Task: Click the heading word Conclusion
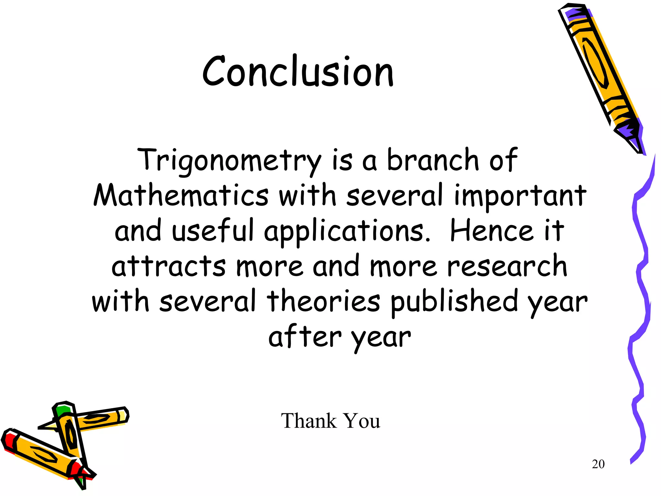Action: click(298, 72)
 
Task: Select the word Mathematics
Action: click(181, 196)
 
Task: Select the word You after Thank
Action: click(361, 421)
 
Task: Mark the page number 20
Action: click(598, 464)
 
